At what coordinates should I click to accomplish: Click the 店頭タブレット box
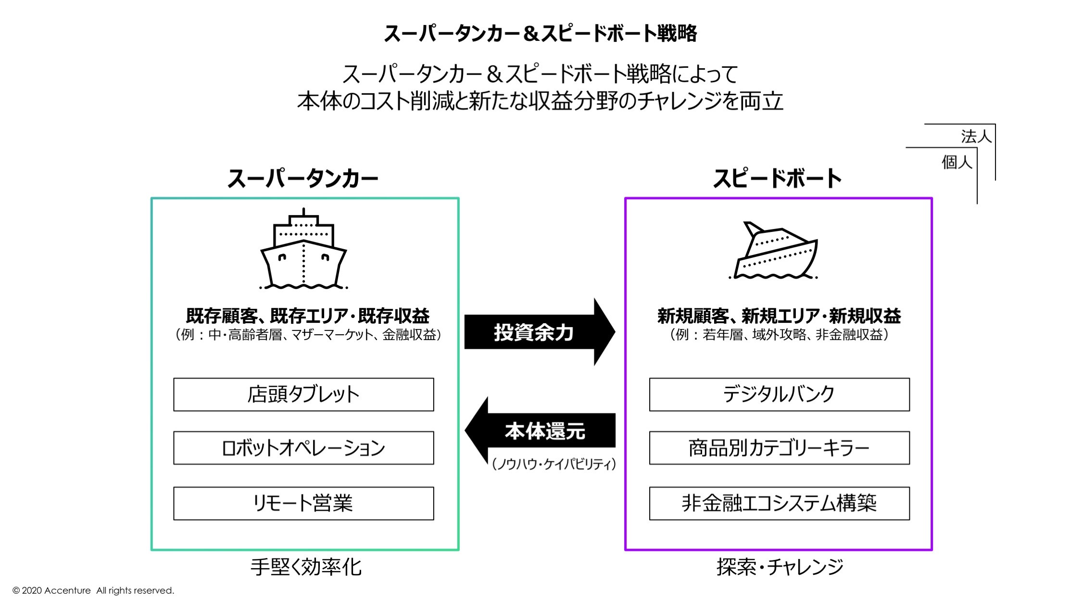click(x=303, y=394)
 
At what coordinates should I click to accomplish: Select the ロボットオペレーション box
click(x=303, y=448)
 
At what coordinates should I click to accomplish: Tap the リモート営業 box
click(x=303, y=503)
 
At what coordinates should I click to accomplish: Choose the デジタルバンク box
click(x=779, y=394)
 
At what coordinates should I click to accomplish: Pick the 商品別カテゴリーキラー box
click(x=779, y=448)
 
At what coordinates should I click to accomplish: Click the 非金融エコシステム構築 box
click(x=779, y=503)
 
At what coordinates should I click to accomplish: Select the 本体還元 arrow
click(x=543, y=431)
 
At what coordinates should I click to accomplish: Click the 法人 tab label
click(x=976, y=137)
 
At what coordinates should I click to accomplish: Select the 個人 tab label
click(x=956, y=162)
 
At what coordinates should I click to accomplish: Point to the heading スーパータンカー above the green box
click(x=303, y=178)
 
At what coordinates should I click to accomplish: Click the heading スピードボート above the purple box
click(x=777, y=178)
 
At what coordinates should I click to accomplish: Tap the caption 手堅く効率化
click(x=306, y=567)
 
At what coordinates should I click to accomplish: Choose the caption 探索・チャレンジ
click(x=780, y=567)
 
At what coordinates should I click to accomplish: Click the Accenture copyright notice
click(x=93, y=590)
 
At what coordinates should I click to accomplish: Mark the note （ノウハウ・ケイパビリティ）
click(x=554, y=464)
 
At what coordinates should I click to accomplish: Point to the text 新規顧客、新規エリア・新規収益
click(x=779, y=316)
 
